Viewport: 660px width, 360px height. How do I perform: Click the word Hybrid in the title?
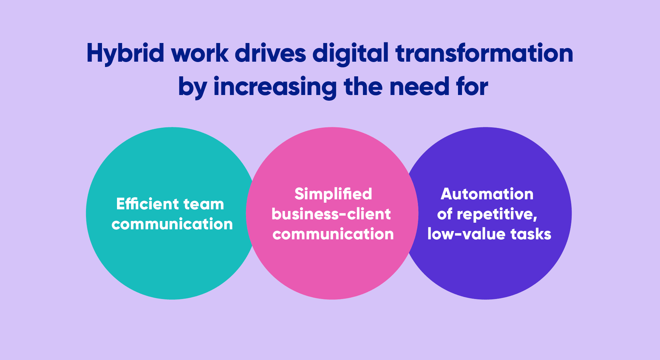125,53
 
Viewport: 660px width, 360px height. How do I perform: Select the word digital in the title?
351,53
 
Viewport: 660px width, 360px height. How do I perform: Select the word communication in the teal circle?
172,224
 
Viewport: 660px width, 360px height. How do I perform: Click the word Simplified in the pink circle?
333,194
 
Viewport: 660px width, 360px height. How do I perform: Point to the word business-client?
331,214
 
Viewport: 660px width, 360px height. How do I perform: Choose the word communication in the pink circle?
333,234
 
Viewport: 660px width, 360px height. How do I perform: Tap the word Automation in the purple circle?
487,194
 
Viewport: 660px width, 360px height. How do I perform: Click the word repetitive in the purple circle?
497,214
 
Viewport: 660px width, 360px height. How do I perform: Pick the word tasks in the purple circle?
531,234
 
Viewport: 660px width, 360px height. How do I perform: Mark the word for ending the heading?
472,86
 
